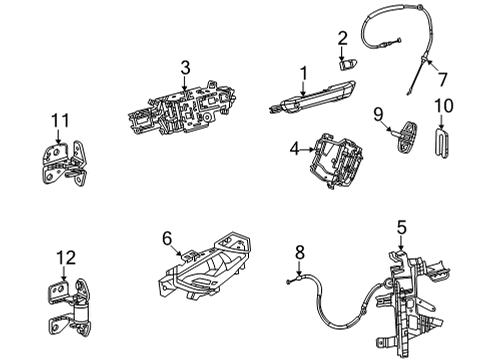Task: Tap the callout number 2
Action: click(342, 39)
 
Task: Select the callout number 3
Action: click(184, 67)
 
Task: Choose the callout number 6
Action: click(168, 239)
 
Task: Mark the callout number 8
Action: click(297, 253)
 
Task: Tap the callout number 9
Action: click(378, 114)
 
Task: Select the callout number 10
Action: click(443, 104)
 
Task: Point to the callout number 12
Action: click(65, 258)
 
